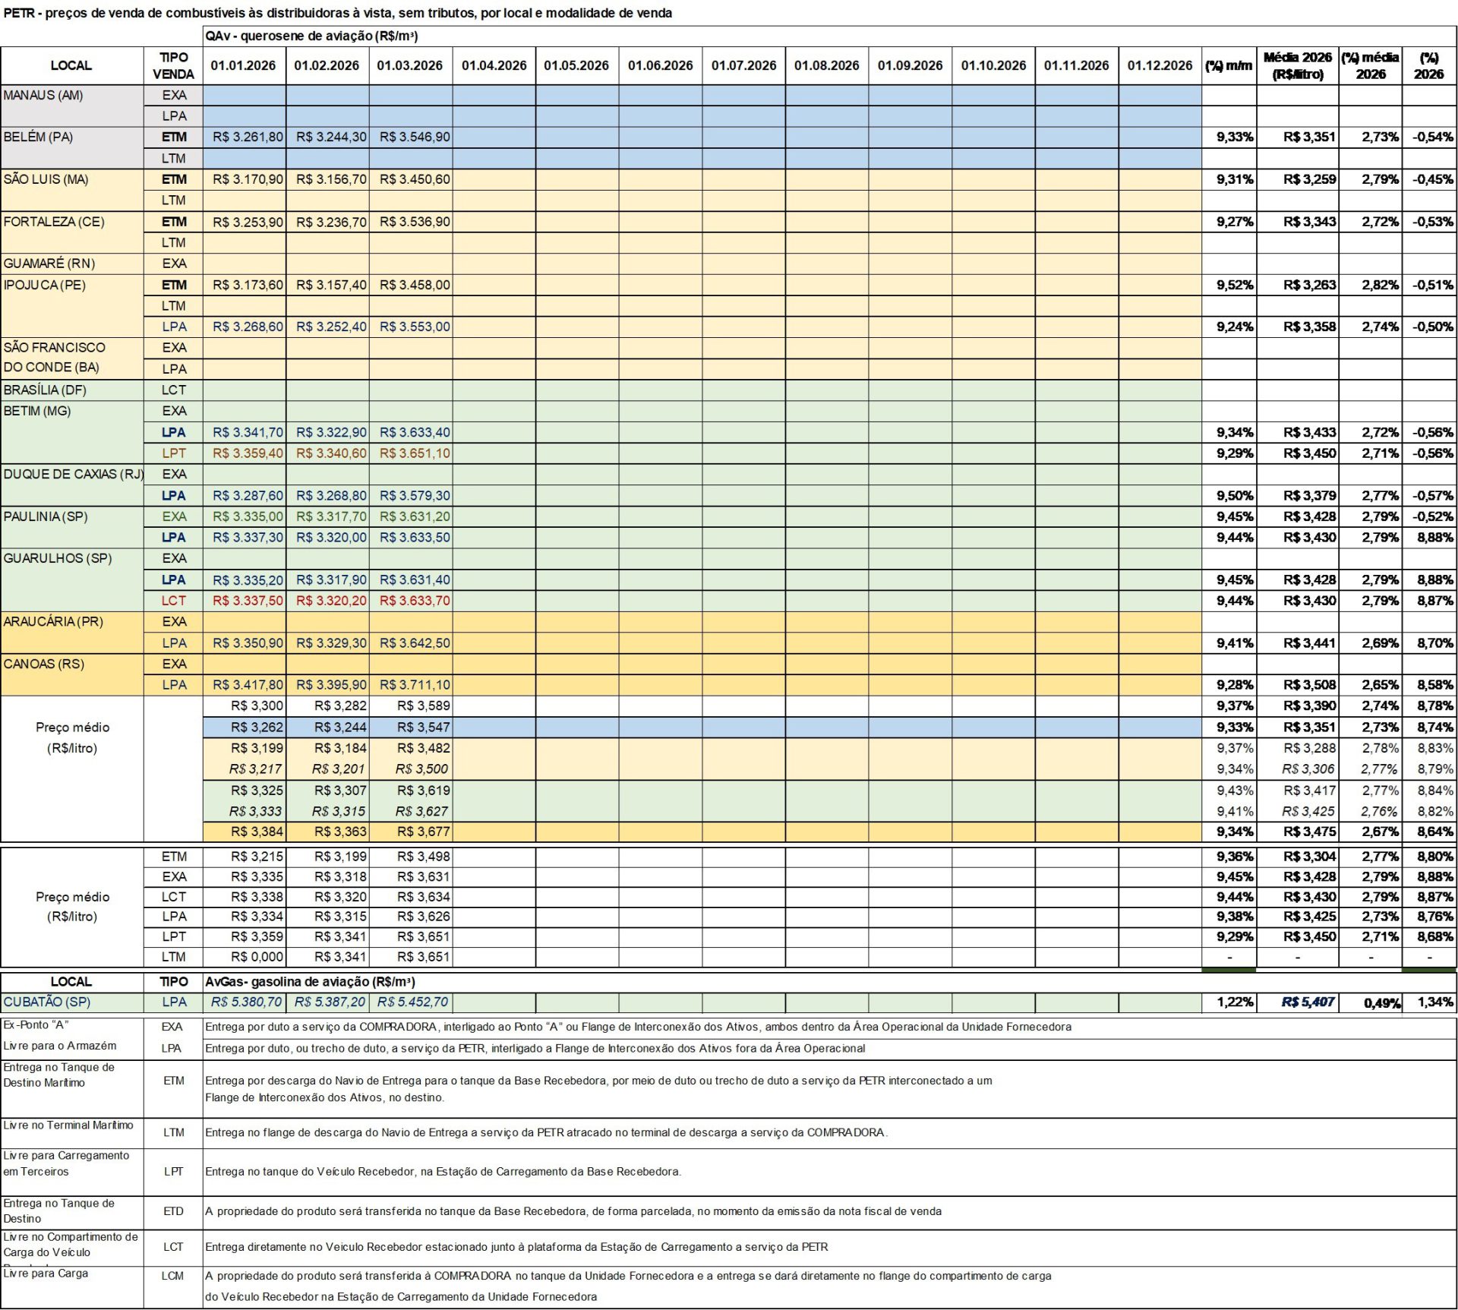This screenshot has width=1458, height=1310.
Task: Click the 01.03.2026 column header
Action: coord(410,65)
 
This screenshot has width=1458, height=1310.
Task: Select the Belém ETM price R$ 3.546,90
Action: coord(415,137)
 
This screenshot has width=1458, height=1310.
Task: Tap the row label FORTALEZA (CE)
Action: coord(54,222)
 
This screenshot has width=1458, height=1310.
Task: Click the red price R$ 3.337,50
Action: coord(248,601)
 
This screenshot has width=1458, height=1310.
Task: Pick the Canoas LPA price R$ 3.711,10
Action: coord(415,685)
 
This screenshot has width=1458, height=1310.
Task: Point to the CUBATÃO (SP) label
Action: coord(46,1002)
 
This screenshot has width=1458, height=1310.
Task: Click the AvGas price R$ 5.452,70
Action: coord(413,1002)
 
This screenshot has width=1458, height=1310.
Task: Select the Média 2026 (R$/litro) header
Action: coord(1297,65)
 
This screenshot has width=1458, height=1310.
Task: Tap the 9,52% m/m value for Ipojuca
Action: coord(1235,285)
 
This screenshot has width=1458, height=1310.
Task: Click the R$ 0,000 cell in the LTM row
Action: coord(257,957)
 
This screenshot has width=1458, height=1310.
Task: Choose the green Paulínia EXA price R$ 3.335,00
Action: coord(248,516)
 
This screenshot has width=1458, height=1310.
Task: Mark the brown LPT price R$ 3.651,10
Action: coord(415,453)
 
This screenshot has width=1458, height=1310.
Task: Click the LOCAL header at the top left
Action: coord(71,65)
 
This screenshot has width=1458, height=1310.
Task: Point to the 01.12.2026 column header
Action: coord(1160,65)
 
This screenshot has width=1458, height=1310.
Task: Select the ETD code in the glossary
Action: coord(173,1211)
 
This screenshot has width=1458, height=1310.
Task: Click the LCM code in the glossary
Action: coord(173,1276)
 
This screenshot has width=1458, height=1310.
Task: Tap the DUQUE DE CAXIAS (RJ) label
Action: coord(73,474)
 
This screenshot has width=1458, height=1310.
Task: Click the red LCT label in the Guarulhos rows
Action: coord(173,601)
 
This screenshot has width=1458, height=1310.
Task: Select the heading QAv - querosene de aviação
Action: coord(311,36)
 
